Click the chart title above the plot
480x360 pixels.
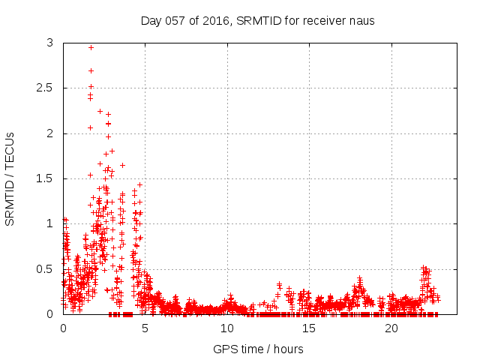pyautogui.click(x=257, y=20)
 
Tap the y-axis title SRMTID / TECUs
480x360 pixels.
pyautogui.click(x=10, y=178)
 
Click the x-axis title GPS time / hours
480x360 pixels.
pyautogui.click(x=258, y=349)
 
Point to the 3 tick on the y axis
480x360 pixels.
pyautogui.click(x=49, y=43)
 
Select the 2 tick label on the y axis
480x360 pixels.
pyautogui.click(x=49, y=133)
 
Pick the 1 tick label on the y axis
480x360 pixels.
pyautogui.click(x=49, y=223)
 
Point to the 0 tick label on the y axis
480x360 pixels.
pyautogui.click(x=49, y=314)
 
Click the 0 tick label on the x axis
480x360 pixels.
pyautogui.click(x=63, y=328)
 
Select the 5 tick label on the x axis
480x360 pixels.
pyautogui.click(x=145, y=328)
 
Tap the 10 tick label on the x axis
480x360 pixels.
pyautogui.click(x=227, y=328)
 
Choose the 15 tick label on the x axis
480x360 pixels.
pyautogui.click(x=309, y=328)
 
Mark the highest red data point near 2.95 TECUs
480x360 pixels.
pyautogui.click(x=91, y=47)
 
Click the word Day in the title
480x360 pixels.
pyautogui.click(x=151, y=20)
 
